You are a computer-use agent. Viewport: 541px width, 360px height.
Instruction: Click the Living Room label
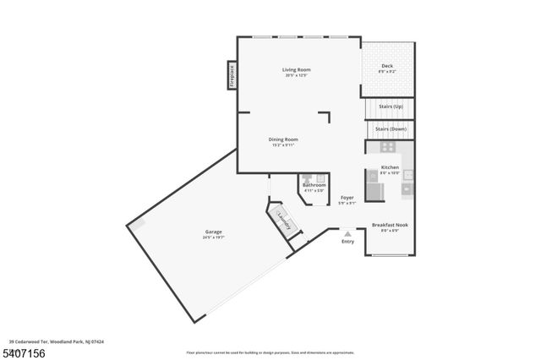[296, 69]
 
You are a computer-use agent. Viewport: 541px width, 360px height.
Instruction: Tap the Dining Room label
[283, 139]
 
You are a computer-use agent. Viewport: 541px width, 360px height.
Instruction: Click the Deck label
[386, 66]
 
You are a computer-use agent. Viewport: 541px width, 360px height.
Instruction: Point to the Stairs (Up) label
[391, 106]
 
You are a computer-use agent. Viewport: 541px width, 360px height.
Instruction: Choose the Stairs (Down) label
[391, 128]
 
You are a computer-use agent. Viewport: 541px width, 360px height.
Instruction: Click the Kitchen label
[390, 167]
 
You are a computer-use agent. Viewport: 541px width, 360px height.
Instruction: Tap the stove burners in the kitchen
[389, 147]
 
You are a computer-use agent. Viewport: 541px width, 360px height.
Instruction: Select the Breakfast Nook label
[390, 225]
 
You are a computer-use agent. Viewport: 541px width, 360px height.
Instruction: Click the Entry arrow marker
[347, 232]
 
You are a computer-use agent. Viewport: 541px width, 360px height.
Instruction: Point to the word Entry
[347, 242]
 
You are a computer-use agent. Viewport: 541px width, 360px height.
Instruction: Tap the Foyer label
[347, 197]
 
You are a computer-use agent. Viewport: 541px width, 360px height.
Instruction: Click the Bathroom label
[314, 184]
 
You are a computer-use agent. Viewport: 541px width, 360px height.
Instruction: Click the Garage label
[213, 232]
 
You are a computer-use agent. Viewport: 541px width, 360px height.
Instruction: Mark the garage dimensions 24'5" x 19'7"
[213, 237]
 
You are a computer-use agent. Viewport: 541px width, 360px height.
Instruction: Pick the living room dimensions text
[296, 76]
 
